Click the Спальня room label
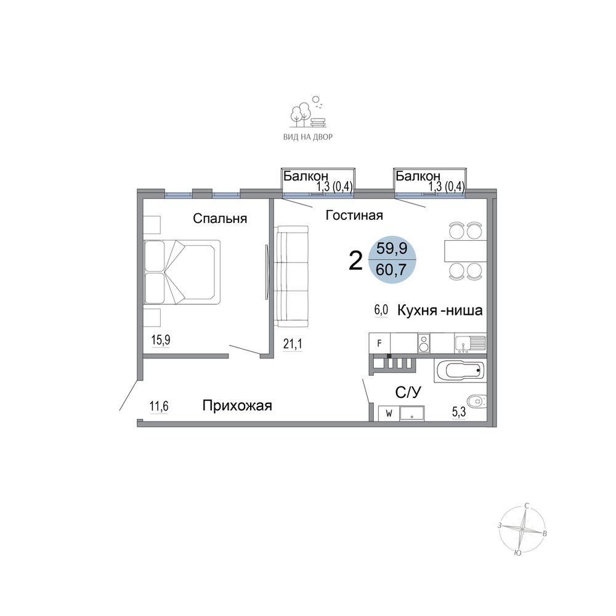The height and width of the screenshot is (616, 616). click(x=220, y=219)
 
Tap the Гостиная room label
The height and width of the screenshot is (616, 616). click(x=354, y=215)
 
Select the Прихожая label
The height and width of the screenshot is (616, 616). click(x=237, y=405)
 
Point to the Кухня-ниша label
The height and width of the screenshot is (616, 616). click(x=440, y=310)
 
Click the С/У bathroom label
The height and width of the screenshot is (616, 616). click(x=408, y=392)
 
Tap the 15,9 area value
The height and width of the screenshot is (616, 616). click(x=161, y=340)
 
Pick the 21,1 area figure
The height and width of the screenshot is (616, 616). click(x=293, y=344)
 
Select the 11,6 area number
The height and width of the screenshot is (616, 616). click(x=159, y=406)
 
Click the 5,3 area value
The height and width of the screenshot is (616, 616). click(x=458, y=411)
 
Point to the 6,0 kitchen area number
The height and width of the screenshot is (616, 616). click(x=381, y=310)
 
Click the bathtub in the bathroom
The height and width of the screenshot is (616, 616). click(x=460, y=370)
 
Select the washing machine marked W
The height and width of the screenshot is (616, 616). click(x=389, y=413)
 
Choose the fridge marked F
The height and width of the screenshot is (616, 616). click(x=379, y=343)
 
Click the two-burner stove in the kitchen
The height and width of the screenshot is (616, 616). click(x=424, y=343)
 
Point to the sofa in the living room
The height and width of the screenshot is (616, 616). click(x=291, y=276)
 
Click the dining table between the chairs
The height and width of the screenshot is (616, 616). click(x=466, y=251)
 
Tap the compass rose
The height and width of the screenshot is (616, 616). click(x=522, y=529)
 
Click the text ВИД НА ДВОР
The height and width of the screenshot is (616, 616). click(x=308, y=137)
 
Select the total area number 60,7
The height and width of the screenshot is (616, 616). click(x=391, y=270)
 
